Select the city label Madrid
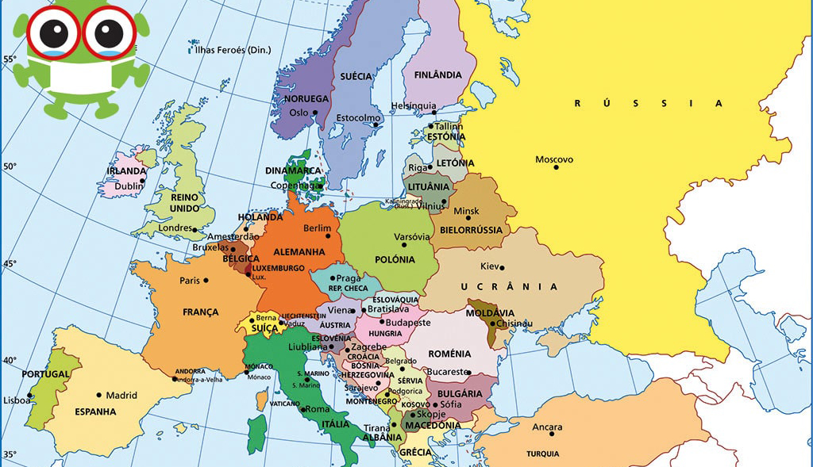[121, 395]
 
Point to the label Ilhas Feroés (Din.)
[233, 50]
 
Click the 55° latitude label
[9, 59]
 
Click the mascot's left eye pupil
[54, 33]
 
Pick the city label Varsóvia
[412, 237]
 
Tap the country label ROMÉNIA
[449, 354]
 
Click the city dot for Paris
[206, 280]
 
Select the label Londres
[175, 228]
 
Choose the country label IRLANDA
[126, 171]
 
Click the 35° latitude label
[9, 455]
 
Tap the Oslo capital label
[298, 113]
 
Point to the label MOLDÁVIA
[490, 312]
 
